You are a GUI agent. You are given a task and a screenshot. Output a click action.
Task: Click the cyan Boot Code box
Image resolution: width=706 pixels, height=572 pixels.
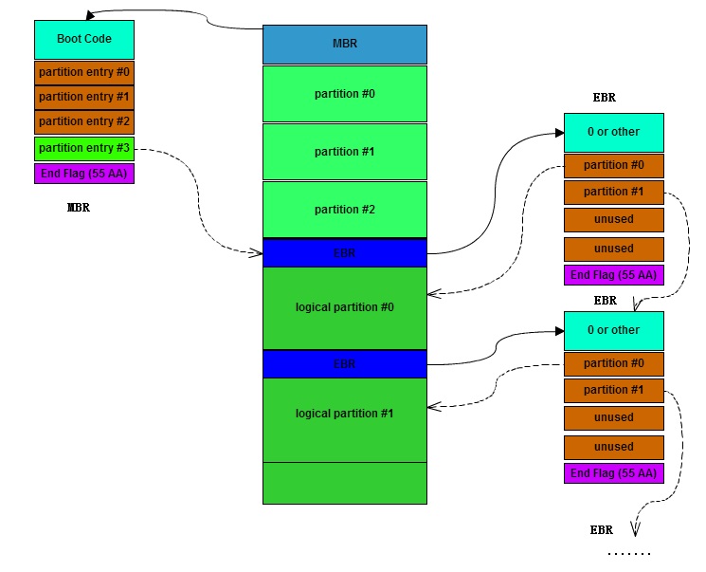[x=84, y=40]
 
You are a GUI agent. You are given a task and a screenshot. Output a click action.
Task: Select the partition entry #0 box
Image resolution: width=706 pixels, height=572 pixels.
[x=84, y=71]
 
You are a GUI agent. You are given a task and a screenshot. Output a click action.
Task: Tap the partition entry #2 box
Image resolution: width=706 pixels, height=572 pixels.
[x=84, y=121]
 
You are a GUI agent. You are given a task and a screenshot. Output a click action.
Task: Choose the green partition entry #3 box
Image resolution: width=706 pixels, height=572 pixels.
[x=84, y=148]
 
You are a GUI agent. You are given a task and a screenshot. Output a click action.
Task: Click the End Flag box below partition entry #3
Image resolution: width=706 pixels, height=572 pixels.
[x=84, y=174]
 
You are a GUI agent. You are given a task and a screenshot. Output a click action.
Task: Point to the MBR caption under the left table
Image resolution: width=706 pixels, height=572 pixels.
[x=79, y=208]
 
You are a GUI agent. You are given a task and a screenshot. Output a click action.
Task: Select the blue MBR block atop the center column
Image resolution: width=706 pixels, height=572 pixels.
[x=344, y=45]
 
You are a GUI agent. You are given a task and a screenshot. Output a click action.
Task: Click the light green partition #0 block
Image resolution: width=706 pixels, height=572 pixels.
[x=344, y=94]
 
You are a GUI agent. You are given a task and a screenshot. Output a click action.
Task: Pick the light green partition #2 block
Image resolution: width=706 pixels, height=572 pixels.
[x=344, y=210]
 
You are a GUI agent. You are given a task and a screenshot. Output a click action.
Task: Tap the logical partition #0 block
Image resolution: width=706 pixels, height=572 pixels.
[x=344, y=307]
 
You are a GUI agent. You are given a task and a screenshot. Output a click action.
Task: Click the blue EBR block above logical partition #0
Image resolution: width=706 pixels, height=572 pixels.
[x=344, y=253]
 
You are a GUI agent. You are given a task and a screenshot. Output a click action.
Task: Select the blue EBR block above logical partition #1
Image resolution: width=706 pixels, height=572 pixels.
[x=344, y=363]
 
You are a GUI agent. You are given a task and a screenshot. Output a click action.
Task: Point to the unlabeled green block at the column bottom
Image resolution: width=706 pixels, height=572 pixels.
[x=344, y=483]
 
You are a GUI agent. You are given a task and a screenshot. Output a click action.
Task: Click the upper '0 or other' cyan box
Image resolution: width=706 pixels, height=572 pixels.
[x=613, y=133]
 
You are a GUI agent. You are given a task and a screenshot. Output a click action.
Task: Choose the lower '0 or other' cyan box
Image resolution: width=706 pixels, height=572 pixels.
[x=613, y=330]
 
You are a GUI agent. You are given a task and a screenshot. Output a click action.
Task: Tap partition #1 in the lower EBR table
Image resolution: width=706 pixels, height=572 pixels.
[x=613, y=390]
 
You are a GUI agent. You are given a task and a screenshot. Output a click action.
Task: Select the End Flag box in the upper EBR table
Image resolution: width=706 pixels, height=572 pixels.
[x=613, y=276]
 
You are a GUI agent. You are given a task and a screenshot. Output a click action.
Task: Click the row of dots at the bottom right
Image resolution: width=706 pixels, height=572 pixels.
[x=628, y=552]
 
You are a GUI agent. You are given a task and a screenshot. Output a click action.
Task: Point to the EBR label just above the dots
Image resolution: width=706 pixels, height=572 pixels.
[x=601, y=530]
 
